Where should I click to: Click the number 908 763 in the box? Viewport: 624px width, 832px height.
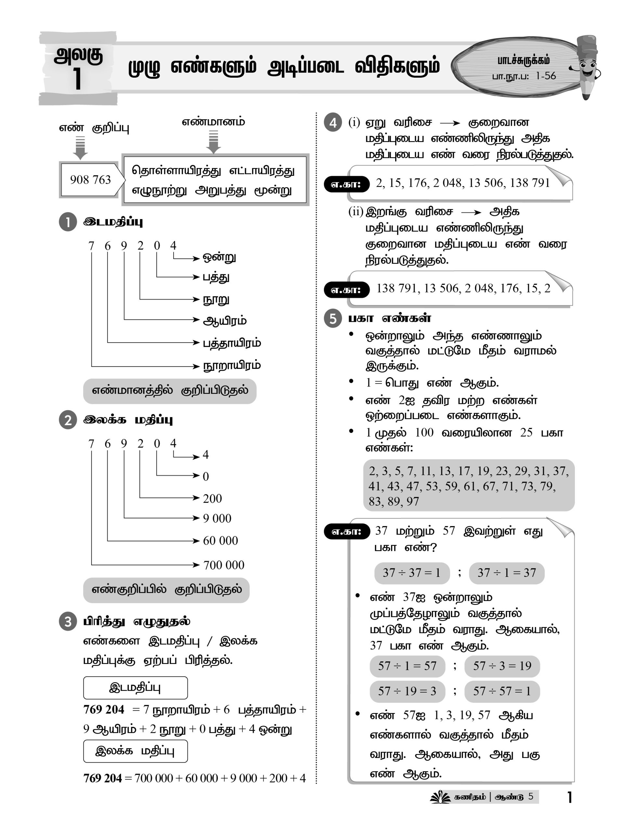click(x=90, y=180)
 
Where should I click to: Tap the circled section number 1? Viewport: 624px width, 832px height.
click(x=68, y=222)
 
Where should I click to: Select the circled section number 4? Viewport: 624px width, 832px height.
click(x=333, y=123)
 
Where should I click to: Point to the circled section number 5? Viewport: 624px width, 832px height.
click(x=333, y=318)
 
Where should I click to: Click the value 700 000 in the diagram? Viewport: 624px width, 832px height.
click(x=223, y=565)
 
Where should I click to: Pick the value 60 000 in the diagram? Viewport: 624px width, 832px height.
click(x=220, y=540)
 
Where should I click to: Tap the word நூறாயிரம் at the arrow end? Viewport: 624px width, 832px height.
click(x=232, y=366)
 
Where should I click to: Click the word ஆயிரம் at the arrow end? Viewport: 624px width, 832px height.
click(x=225, y=321)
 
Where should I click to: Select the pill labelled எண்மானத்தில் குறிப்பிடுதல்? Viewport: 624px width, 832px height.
click(x=170, y=391)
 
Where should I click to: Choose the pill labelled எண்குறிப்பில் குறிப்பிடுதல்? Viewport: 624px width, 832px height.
click(x=166, y=590)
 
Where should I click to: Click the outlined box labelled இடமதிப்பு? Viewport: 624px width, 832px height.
click(x=135, y=688)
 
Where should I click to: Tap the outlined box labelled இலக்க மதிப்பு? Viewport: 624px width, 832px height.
click(x=135, y=751)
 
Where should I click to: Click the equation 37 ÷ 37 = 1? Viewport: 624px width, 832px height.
click(x=411, y=573)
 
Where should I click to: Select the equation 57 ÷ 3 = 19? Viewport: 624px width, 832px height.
click(x=502, y=666)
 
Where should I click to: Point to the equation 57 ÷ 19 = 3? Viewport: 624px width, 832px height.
click(x=407, y=691)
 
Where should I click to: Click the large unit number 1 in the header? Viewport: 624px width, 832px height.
click(x=77, y=80)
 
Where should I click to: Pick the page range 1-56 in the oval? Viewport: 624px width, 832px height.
click(x=545, y=76)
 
